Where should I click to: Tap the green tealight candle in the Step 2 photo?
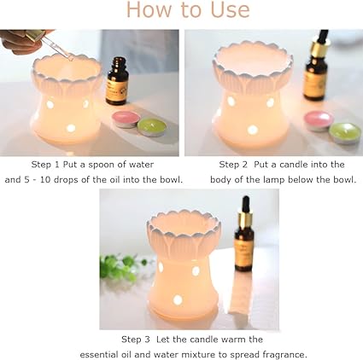click(343, 133)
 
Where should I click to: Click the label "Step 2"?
click(235, 164)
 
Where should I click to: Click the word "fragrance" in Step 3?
click(282, 354)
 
